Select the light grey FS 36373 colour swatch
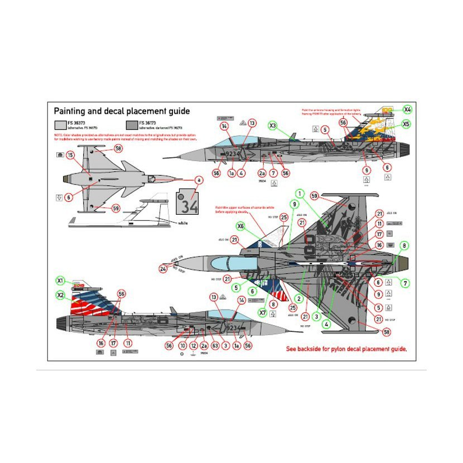pyautogui.click(x=61, y=126)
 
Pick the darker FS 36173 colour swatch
pyautogui.click(x=132, y=126)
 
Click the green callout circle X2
pyautogui.click(x=60, y=295)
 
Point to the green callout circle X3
pyautogui.click(x=273, y=126)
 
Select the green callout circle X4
pyautogui.click(x=407, y=109)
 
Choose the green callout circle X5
pyautogui.click(x=406, y=124)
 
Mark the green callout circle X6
pyautogui.click(x=240, y=226)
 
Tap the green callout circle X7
pyautogui.click(x=262, y=312)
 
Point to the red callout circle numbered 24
pyautogui.click(x=163, y=268)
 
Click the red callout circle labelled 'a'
pyautogui.click(x=197, y=180)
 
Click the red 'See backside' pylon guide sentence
pyautogui.click(x=346, y=349)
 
